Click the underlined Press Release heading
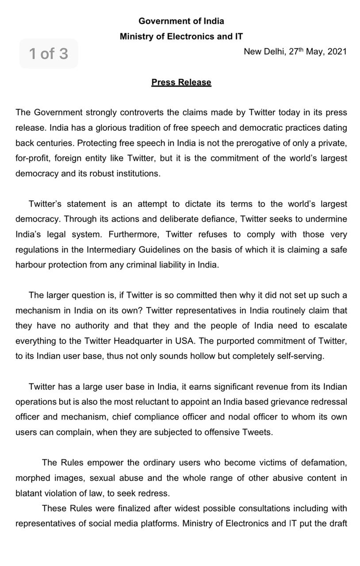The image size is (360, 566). tap(181, 82)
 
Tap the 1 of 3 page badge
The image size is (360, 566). tap(49, 54)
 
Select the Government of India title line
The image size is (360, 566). tap(181, 21)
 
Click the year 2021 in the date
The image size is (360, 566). tap(337, 51)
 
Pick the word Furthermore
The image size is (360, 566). tap(134, 234)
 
